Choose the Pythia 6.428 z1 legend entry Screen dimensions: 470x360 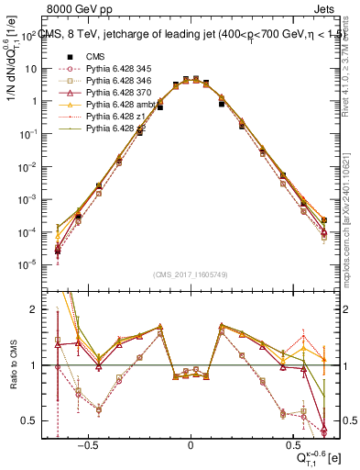(115, 117)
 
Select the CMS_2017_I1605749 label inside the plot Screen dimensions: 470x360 (190, 274)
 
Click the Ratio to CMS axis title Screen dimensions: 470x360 (12, 365)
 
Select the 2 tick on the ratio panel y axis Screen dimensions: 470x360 (32, 310)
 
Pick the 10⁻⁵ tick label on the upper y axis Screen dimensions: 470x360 (28, 265)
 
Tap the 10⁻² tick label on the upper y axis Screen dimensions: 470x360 (28, 166)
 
